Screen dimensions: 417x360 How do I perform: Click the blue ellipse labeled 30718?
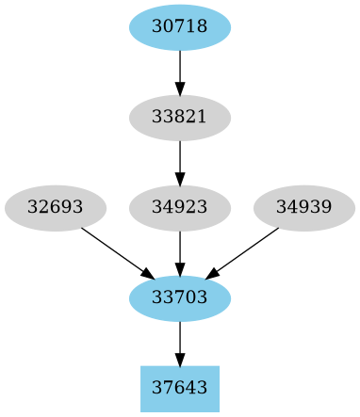tap(179, 27)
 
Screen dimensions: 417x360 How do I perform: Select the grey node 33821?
tap(179, 118)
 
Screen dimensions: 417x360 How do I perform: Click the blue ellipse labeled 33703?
tap(179, 298)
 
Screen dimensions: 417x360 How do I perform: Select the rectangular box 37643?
tap(179, 389)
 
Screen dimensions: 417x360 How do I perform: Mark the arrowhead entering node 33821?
tap(179, 88)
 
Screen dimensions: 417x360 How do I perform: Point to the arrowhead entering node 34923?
tap(179, 179)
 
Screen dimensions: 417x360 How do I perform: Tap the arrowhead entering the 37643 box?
tap(179, 360)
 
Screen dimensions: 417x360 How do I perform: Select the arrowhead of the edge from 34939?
tap(213, 273)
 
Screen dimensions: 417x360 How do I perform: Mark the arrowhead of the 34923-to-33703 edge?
tap(179, 269)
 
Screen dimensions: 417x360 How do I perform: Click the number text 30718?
tap(179, 27)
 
